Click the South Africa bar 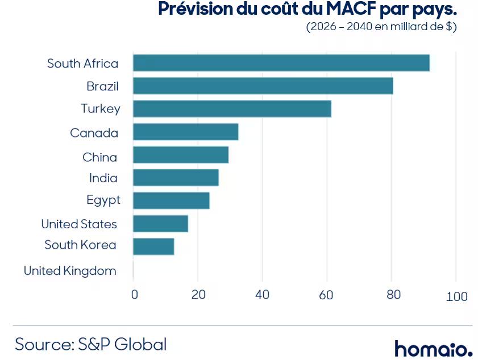coord(281,62)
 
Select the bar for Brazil coord(263,86)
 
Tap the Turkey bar coord(232,108)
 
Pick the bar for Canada coord(186,132)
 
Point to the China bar coord(181,154)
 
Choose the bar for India coord(176,178)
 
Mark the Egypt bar coord(171,200)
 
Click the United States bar coord(161,224)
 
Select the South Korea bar coord(153,246)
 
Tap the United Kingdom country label coord(70,271)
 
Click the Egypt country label coord(103,200)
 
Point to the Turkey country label coord(101,108)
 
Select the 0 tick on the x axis coord(135,295)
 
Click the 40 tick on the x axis coord(262,295)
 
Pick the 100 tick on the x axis coord(456,296)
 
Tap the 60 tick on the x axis coord(326,295)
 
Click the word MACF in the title coord(351,9)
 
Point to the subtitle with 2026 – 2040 coord(381,27)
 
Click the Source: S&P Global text coord(91,345)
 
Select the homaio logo coord(434,349)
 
